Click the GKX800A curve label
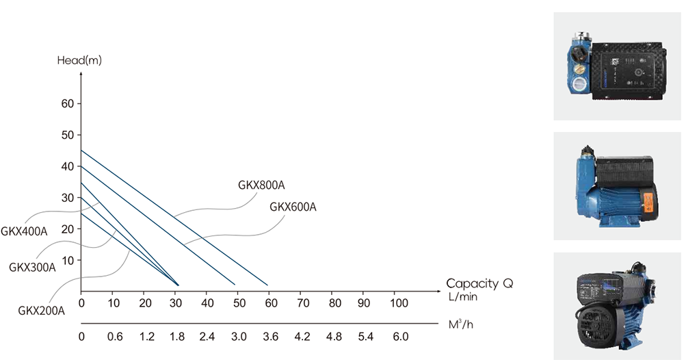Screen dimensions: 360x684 tap(261, 185)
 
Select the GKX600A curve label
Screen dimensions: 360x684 tap(293, 207)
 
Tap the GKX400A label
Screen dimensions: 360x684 tap(24, 231)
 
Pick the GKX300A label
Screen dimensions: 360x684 tap(32, 267)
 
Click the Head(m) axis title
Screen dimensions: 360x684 tap(79, 60)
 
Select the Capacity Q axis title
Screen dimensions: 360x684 tap(479, 283)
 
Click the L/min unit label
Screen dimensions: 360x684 tap(463, 296)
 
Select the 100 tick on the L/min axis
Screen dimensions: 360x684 tap(399, 303)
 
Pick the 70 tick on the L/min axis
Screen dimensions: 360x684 tap(303, 303)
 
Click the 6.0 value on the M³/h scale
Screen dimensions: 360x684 tap(400, 337)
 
